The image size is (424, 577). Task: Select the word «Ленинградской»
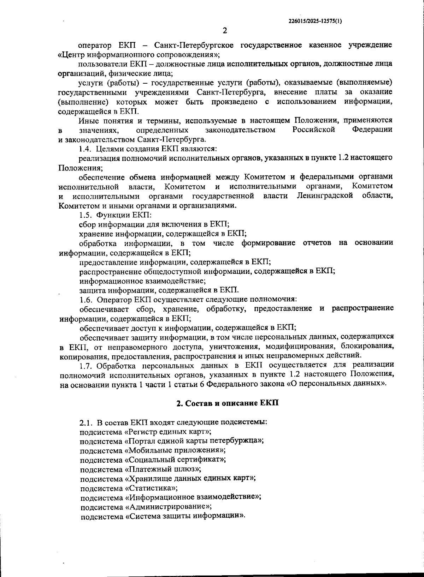pyautogui.click(x=325, y=196)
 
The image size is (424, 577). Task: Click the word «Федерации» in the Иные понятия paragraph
pyautogui.click(x=372, y=130)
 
